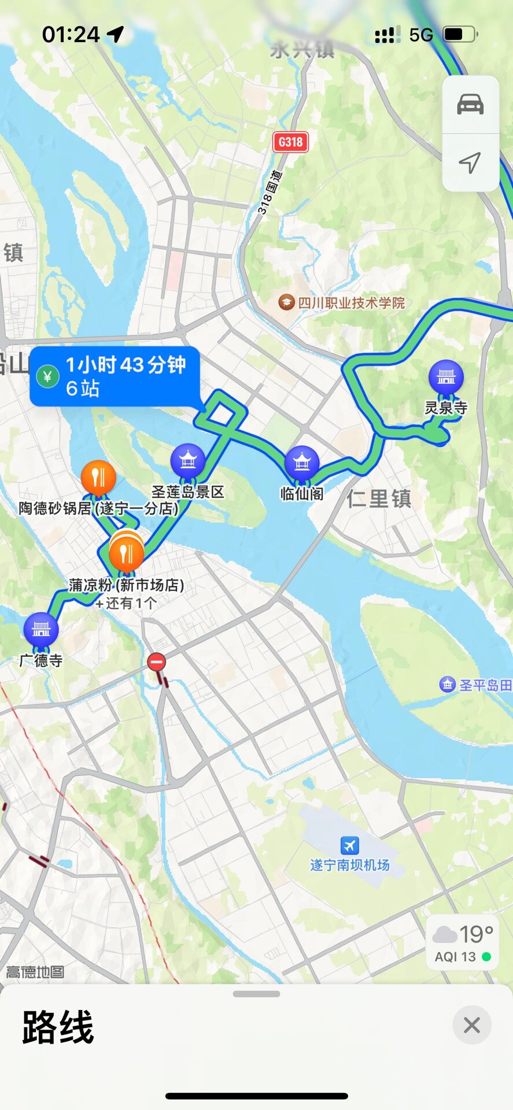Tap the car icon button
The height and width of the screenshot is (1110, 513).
coord(470,105)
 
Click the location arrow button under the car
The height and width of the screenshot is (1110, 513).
coord(470,162)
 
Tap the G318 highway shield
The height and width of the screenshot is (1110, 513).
coord(290,142)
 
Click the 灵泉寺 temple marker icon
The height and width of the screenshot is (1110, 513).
coord(446,377)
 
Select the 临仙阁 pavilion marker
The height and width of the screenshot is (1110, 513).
coord(301,462)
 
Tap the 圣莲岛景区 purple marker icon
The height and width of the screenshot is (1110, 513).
coord(188,461)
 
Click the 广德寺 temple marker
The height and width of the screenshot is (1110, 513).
coord(41,629)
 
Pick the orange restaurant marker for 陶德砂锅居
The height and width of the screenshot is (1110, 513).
coord(98,478)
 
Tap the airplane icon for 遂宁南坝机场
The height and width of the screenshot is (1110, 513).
coord(349,846)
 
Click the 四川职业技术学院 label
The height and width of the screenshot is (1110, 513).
coord(350,303)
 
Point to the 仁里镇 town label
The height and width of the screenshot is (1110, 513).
coord(379,498)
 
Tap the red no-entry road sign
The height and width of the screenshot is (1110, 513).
coord(156,662)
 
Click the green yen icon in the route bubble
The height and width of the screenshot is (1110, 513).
coord(47,377)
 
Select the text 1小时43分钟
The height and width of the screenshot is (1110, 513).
coord(126,365)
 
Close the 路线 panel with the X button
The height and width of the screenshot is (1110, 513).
coord(471,1026)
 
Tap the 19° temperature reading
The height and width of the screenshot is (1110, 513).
coord(476,934)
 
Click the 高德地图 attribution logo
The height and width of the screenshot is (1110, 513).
coord(35,972)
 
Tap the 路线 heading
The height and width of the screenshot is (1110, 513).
coord(58,1027)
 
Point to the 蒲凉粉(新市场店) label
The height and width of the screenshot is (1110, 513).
coord(126,585)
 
